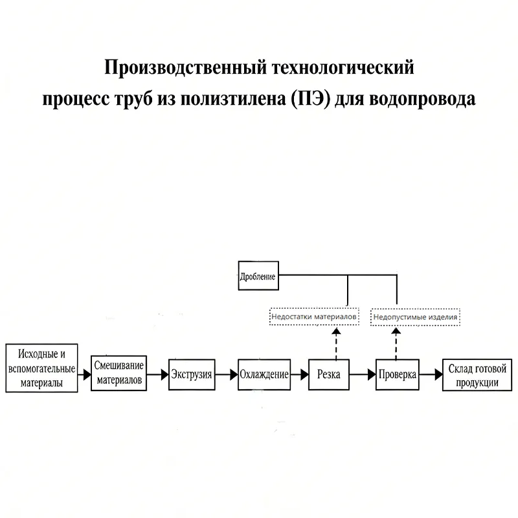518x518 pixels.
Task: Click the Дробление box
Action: tap(258, 276)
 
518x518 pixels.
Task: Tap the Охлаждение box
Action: tap(264, 374)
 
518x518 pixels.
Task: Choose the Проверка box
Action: tap(397, 374)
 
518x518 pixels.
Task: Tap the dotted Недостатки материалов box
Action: tap(314, 317)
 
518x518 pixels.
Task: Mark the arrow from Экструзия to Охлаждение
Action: tap(226, 374)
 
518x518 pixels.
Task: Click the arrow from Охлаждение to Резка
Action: tap(299, 374)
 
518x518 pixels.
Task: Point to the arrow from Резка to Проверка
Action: tap(363, 374)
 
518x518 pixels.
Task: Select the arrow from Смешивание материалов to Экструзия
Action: tap(157, 374)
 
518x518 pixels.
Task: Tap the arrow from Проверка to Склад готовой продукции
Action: tap(430, 374)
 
